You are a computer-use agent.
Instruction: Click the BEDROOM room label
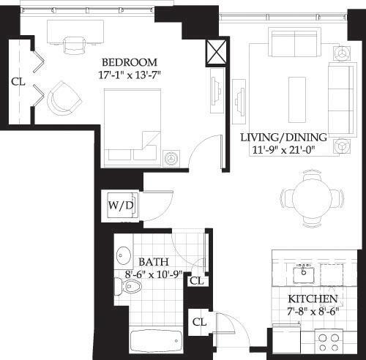(x=129, y=61)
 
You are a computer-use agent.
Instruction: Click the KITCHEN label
(x=313, y=300)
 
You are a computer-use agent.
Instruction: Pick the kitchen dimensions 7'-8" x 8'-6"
(x=313, y=312)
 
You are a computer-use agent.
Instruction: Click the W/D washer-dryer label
(x=121, y=205)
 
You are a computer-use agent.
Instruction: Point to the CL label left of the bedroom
(x=18, y=82)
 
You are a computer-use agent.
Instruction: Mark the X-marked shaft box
(x=216, y=53)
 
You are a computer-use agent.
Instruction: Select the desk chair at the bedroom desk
(x=75, y=46)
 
